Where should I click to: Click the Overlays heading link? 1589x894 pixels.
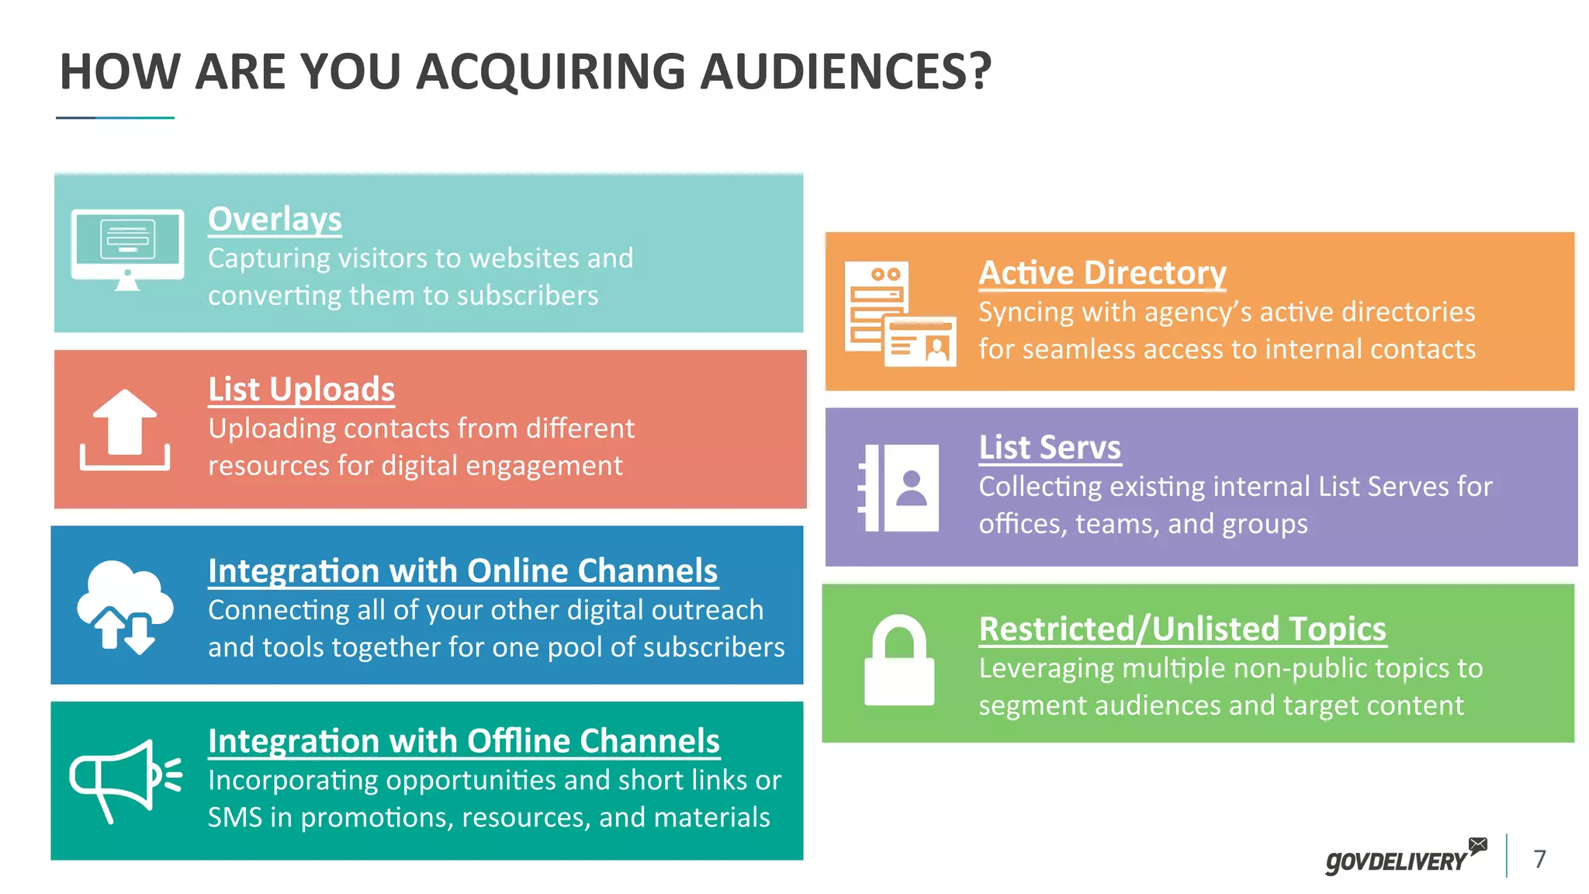275,220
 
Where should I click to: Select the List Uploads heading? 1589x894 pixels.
301,390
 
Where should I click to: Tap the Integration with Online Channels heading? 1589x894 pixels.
462,571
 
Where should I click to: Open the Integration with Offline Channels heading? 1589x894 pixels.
464,741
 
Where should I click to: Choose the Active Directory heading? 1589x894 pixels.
1102,273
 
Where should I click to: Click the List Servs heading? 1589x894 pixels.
1050,448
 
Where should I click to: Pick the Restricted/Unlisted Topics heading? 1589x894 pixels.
1182,629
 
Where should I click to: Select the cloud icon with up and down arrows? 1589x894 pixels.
124,606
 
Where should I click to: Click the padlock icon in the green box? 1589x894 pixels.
899,660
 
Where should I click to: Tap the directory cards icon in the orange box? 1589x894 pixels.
899,314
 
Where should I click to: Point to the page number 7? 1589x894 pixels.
1540,858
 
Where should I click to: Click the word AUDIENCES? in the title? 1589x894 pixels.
846,72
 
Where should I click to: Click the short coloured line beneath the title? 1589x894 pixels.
115,118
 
